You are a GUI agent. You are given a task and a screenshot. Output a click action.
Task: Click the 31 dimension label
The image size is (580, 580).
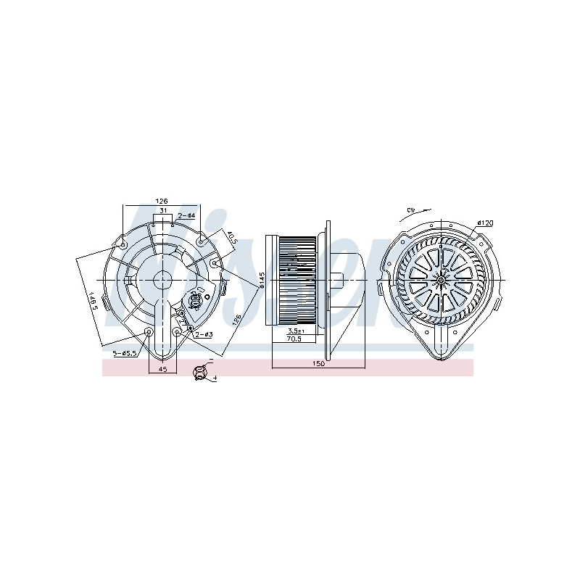click(x=163, y=211)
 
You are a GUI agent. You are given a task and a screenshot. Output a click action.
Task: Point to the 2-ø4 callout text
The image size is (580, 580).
click(x=186, y=215)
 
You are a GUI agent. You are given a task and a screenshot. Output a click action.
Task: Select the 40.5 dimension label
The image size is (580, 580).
click(x=231, y=239)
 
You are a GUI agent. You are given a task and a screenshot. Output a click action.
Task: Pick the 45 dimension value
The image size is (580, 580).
click(x=162, y=370)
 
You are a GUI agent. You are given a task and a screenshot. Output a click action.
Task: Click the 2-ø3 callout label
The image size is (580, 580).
click(x=202, y=334)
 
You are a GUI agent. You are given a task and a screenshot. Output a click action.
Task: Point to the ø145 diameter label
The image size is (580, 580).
click(x=260, y=278)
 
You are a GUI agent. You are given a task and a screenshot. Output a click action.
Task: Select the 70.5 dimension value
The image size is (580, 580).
click(x=294, y=339)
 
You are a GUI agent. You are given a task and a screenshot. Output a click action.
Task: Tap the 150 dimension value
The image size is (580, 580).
click(x=318, y=364)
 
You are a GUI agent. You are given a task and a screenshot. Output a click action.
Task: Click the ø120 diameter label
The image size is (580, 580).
click(x=485, y=223)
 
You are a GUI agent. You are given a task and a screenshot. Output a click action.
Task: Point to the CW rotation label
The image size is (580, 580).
click(x=411, y=211)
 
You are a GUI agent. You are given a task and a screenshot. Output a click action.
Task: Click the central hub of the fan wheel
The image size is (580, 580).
click(x=441, y=279)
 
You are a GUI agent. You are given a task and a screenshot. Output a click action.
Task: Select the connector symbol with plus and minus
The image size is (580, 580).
click(x=200, y=372)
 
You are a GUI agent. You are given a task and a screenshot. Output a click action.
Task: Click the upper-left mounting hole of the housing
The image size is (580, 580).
click(x=123, y=243)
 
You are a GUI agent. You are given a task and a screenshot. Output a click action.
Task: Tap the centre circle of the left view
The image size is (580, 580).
click(x=162, y=279)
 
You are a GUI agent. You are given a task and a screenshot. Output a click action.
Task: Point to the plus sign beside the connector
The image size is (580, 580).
click(x=215, y=378)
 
